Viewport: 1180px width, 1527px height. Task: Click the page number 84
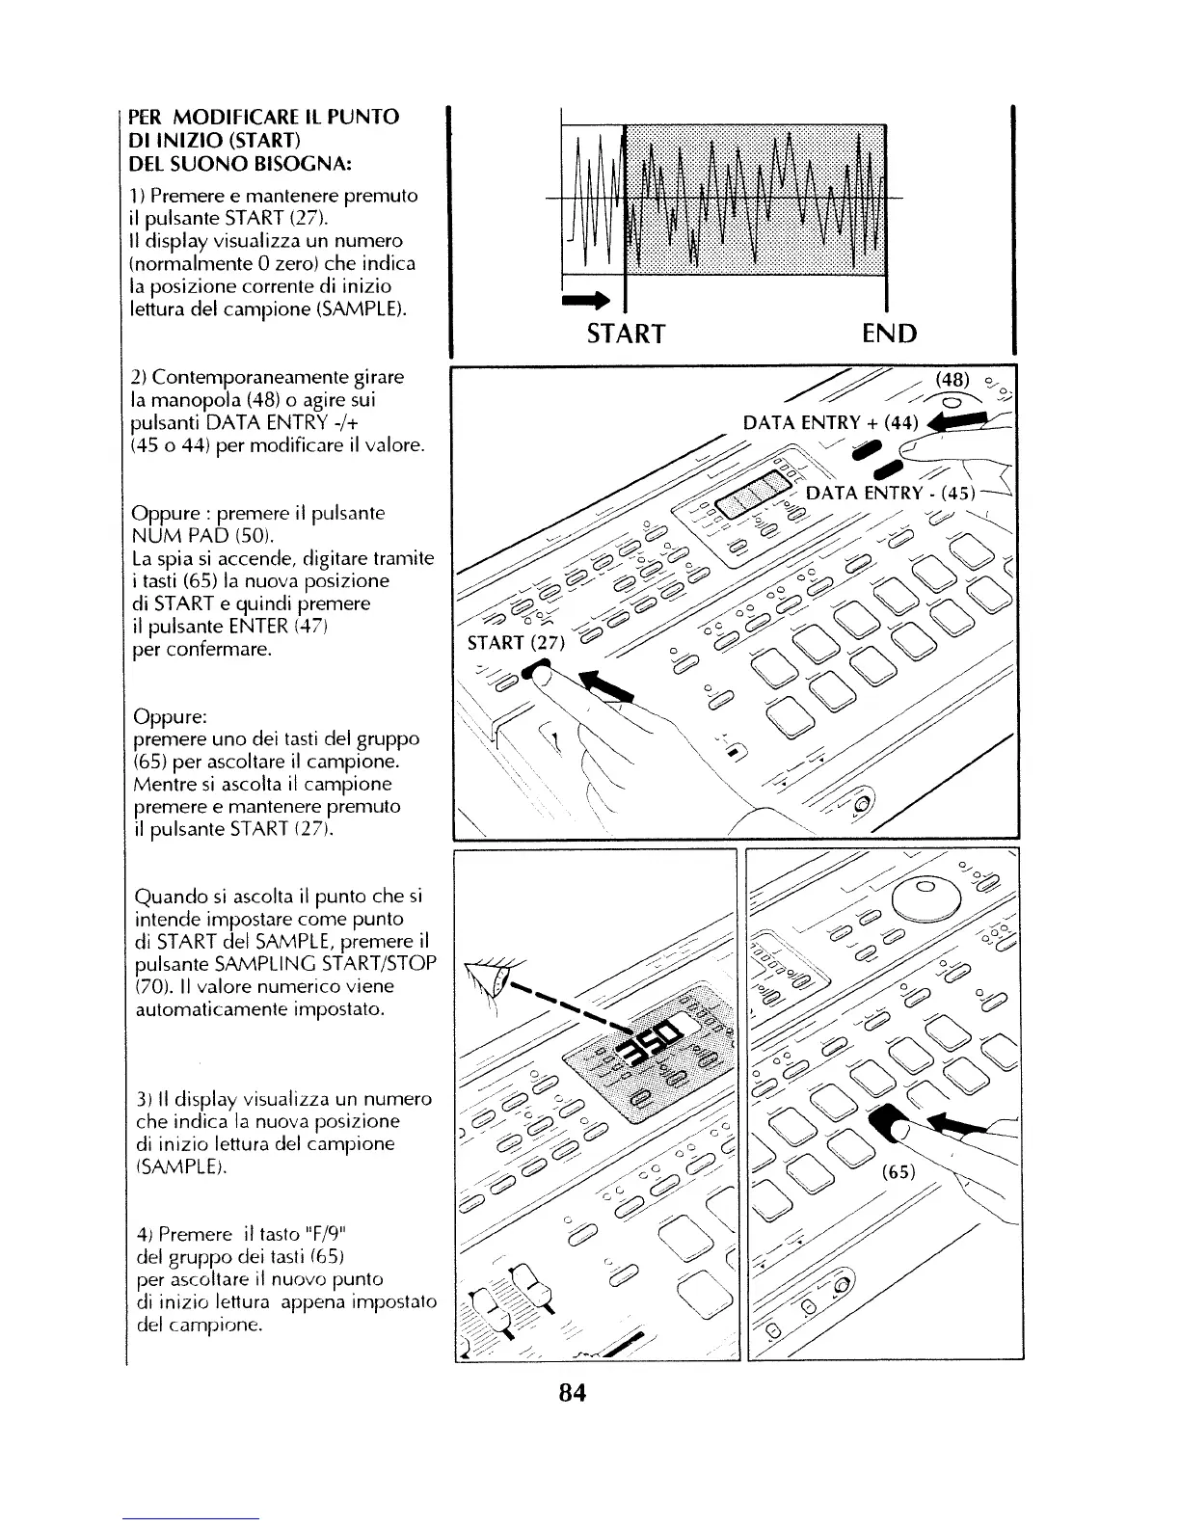pos(572,1394)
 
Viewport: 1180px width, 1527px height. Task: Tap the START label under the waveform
pos(626,334)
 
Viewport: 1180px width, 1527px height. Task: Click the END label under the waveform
pos(889,334)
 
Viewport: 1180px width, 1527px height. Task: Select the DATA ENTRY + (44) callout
pos(832,420)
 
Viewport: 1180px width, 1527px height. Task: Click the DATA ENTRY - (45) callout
pos(890,493)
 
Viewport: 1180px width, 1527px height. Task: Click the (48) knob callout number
pos(954,377)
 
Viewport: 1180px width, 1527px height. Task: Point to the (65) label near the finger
pos(901,1175)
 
